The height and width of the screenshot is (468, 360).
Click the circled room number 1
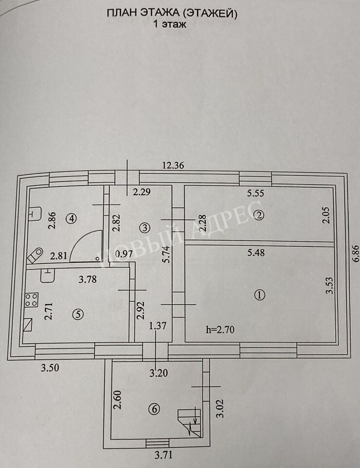tap(260, 295)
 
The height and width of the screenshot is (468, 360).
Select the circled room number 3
tap(145, 228)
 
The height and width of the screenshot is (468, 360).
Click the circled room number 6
tap(155, 409)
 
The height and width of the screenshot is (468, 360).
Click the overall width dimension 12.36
tap(173, 165)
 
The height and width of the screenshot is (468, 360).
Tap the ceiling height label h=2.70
tap(220, 330)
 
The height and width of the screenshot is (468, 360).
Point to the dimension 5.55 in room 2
tap(256, 194)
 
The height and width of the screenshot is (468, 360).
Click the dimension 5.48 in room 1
tap(256, 253)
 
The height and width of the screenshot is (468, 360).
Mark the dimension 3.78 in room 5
tap(87, 279)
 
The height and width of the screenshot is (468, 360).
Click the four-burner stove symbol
tap(31, 300)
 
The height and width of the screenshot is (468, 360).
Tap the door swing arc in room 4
tap(88, 241)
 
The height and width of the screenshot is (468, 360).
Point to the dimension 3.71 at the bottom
tap(163, 455)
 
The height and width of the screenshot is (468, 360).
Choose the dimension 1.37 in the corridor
tap(158, 325)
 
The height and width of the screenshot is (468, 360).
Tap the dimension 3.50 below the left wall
tap(50, 368)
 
